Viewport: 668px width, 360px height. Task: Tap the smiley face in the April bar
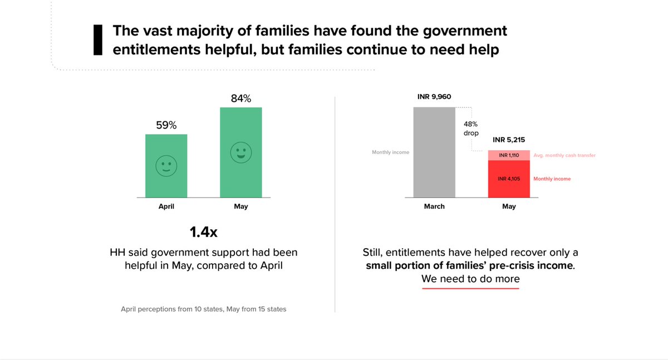[166, 166]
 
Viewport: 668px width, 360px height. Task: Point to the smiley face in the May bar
[240, 152]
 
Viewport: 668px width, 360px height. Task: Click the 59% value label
[166, 126]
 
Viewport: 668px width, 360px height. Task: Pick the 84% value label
[240, 99]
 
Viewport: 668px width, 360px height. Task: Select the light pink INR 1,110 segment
[509, 155]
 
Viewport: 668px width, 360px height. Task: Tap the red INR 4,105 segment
[509, 179]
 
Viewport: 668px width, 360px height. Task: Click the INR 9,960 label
[434, 97]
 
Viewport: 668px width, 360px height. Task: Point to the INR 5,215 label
[509, 140]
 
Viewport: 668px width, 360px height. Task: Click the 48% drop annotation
[471, 129]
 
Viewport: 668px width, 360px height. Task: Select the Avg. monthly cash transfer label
[564, 155]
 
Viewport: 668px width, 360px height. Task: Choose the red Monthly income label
[552, 179]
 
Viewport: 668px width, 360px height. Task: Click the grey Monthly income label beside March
[390, 152]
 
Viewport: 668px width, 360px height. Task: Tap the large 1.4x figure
[203, 231]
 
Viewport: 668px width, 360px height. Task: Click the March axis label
[434, 206]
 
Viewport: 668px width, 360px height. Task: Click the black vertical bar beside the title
[97, 40]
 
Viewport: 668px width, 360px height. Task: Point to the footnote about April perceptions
[203, 309]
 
